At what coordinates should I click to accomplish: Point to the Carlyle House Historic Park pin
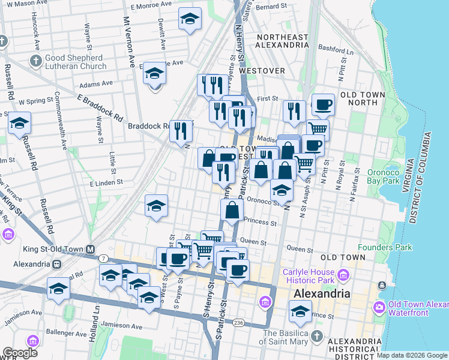[x=343, y=275]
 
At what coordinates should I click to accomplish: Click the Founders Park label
[x=385, y=247]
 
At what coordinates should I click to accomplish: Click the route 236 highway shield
[x=239, y=323]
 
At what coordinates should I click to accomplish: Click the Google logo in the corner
[x=20, y=353]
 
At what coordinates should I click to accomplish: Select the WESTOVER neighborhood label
[x=262, y=70]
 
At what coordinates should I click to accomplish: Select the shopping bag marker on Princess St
[x=232, y=211]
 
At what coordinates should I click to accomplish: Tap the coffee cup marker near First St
[x=322, y=104]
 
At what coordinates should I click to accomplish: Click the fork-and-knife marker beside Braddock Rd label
[x=181, y=130]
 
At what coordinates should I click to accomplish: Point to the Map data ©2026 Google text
[x=412, y=355]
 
